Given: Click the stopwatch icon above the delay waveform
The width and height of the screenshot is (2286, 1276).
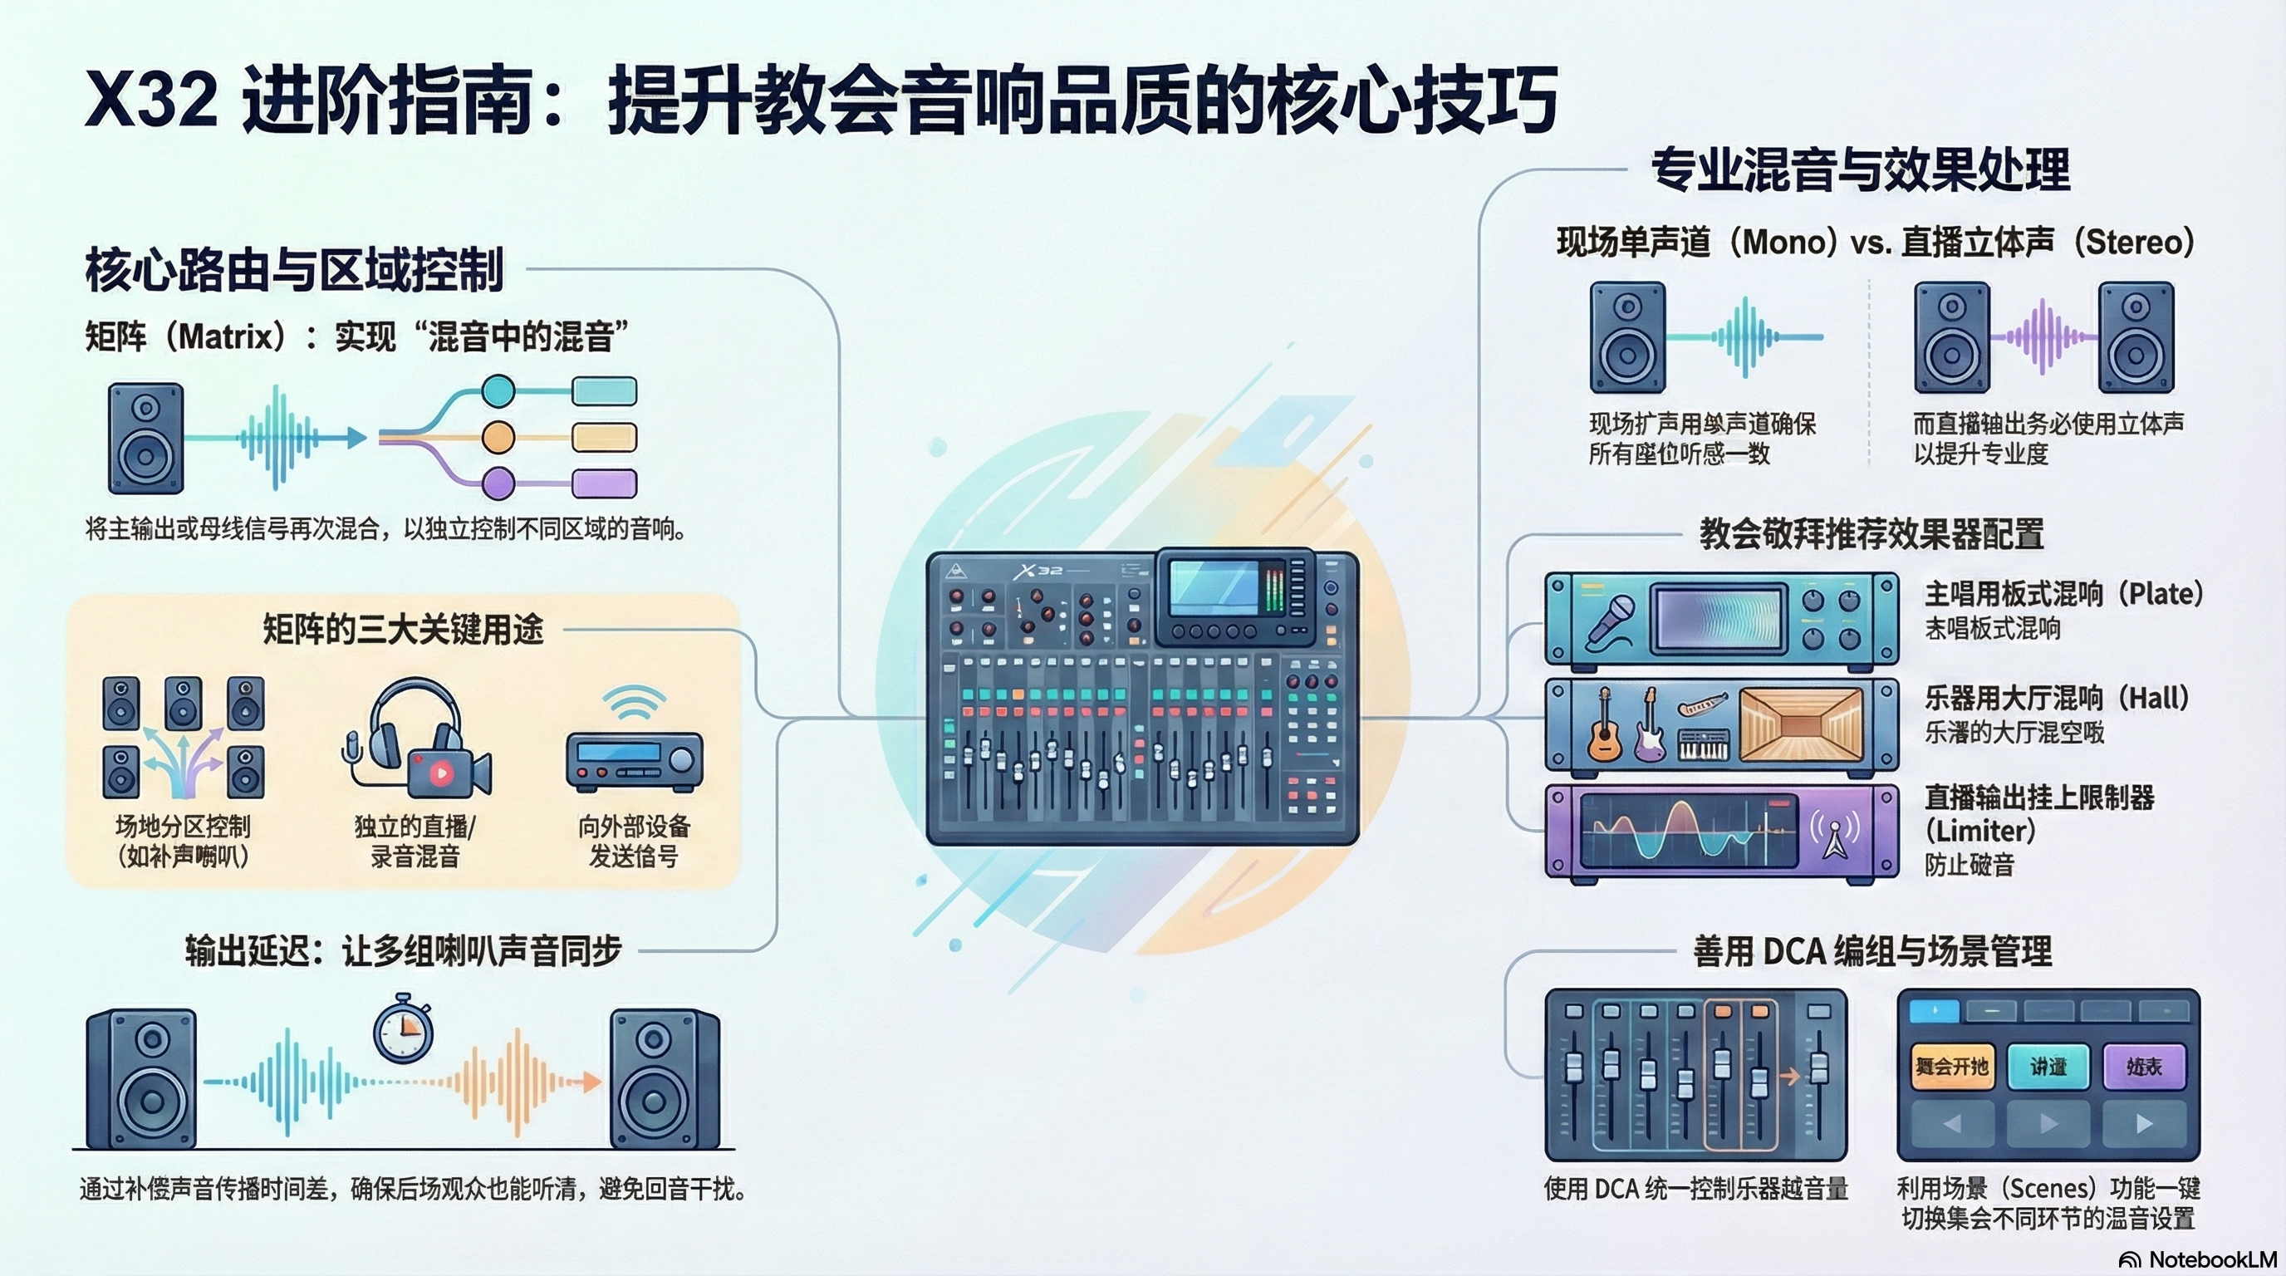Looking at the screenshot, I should [403, 1029].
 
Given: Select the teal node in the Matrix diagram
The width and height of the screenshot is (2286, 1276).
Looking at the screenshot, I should [498, 390].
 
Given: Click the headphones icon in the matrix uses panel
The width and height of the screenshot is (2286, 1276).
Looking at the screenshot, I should [404, 724].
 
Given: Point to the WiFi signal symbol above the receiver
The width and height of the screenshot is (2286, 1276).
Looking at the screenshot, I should [634, 704].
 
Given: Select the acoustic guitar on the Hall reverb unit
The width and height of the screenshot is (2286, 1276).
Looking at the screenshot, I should [1605, 726].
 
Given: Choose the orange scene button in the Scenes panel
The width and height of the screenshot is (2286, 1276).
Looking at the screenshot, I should [1951, 1066].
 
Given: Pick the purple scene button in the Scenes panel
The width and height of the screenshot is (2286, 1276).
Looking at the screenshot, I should [2144, 1066].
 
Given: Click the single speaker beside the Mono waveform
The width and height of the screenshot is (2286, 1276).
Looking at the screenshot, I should [1626, 337].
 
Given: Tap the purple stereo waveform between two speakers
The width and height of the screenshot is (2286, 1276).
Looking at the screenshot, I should [2042, 337].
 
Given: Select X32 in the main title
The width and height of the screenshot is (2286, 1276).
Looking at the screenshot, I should [151, 100].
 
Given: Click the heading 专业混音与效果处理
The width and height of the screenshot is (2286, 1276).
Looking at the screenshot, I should [1860, 169].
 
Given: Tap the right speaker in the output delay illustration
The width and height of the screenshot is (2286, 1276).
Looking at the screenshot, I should [664, 1078].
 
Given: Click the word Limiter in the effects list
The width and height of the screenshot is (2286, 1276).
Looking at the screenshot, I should [1979, 832].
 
